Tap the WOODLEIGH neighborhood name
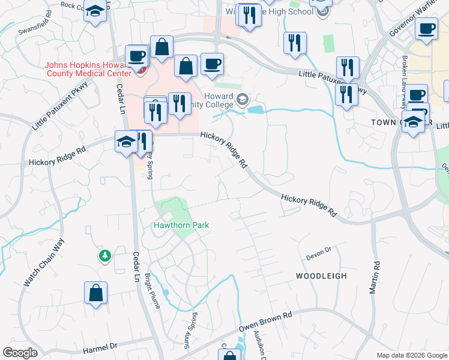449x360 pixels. click(321, 276)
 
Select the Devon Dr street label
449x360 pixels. click(319, 250)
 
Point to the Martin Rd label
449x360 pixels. click(376, 277)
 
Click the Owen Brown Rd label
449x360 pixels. click(265, 322)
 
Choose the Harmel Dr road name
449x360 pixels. click(101, 347)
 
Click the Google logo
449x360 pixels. click(20, 353)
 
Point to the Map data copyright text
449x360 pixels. click(411, 355)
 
